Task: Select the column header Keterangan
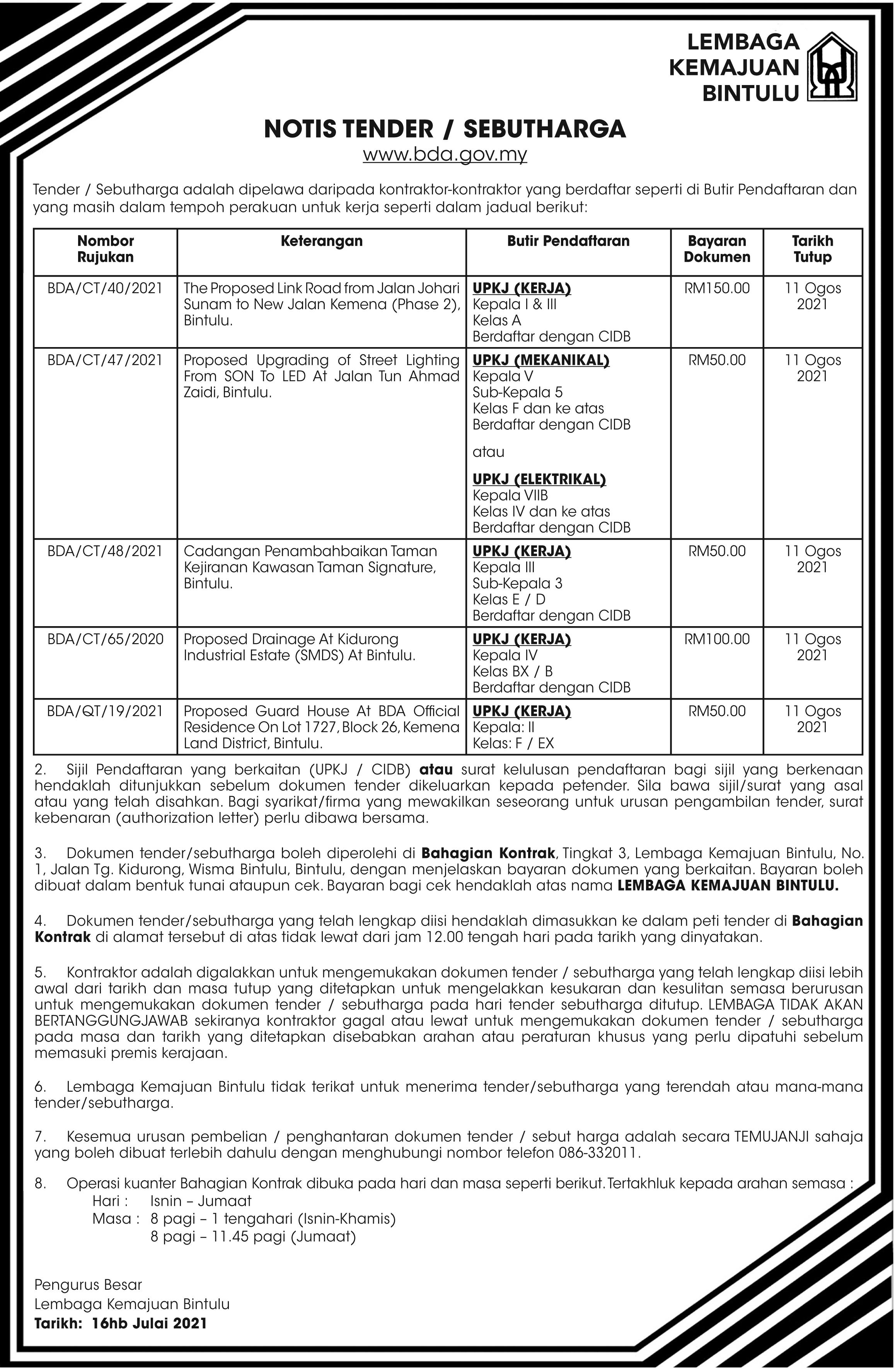point(322,241)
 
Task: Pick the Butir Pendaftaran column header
point(568,241)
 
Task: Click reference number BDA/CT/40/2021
point(105,288)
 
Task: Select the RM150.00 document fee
point(717,288)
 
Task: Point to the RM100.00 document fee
point(717,639)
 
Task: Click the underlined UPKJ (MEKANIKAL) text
point(541,360)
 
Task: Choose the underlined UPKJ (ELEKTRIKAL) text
point(539,479)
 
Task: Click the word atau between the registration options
point(488,452)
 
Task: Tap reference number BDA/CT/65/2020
point(105,639)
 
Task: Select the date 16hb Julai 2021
point(149,1323)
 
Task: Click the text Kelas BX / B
point(513,671)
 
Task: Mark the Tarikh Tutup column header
point(812,249)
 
